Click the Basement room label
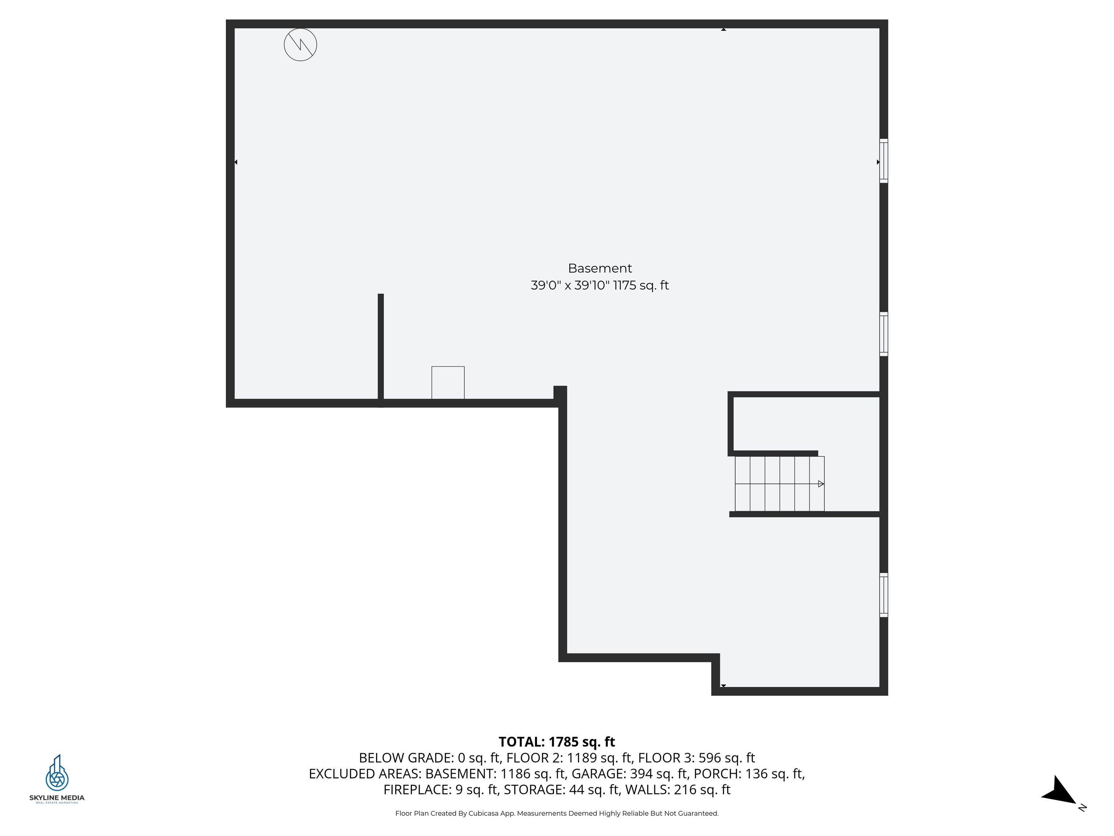pos(599,268)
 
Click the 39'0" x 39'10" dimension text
pos(570,286)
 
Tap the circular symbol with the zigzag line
pos(300,45)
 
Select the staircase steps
pos(779,484)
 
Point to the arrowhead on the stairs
pos(820,484)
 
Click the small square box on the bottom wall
pos(448,382)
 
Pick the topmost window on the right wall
pos(883,161)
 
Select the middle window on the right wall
pos(883,334)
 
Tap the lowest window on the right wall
pos(883,595)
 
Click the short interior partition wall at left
pos(381,348)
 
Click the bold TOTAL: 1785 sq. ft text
pos(557,742)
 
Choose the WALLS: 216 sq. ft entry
pos(677,790)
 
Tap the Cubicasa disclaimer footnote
pos(557,814)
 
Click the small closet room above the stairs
pos(806,423)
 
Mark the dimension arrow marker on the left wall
pos(236,162)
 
